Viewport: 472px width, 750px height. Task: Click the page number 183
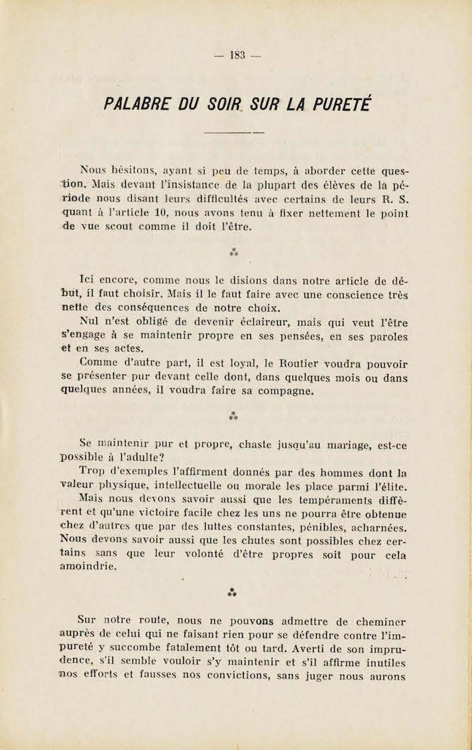(x=236, y=55)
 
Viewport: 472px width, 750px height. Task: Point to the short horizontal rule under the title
(x=234, y=133)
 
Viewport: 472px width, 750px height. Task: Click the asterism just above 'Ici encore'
(x=234, y=252)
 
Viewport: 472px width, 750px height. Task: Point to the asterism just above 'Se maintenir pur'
(x=234, y=417)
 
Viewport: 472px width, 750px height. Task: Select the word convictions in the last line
(x=266, y=677)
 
